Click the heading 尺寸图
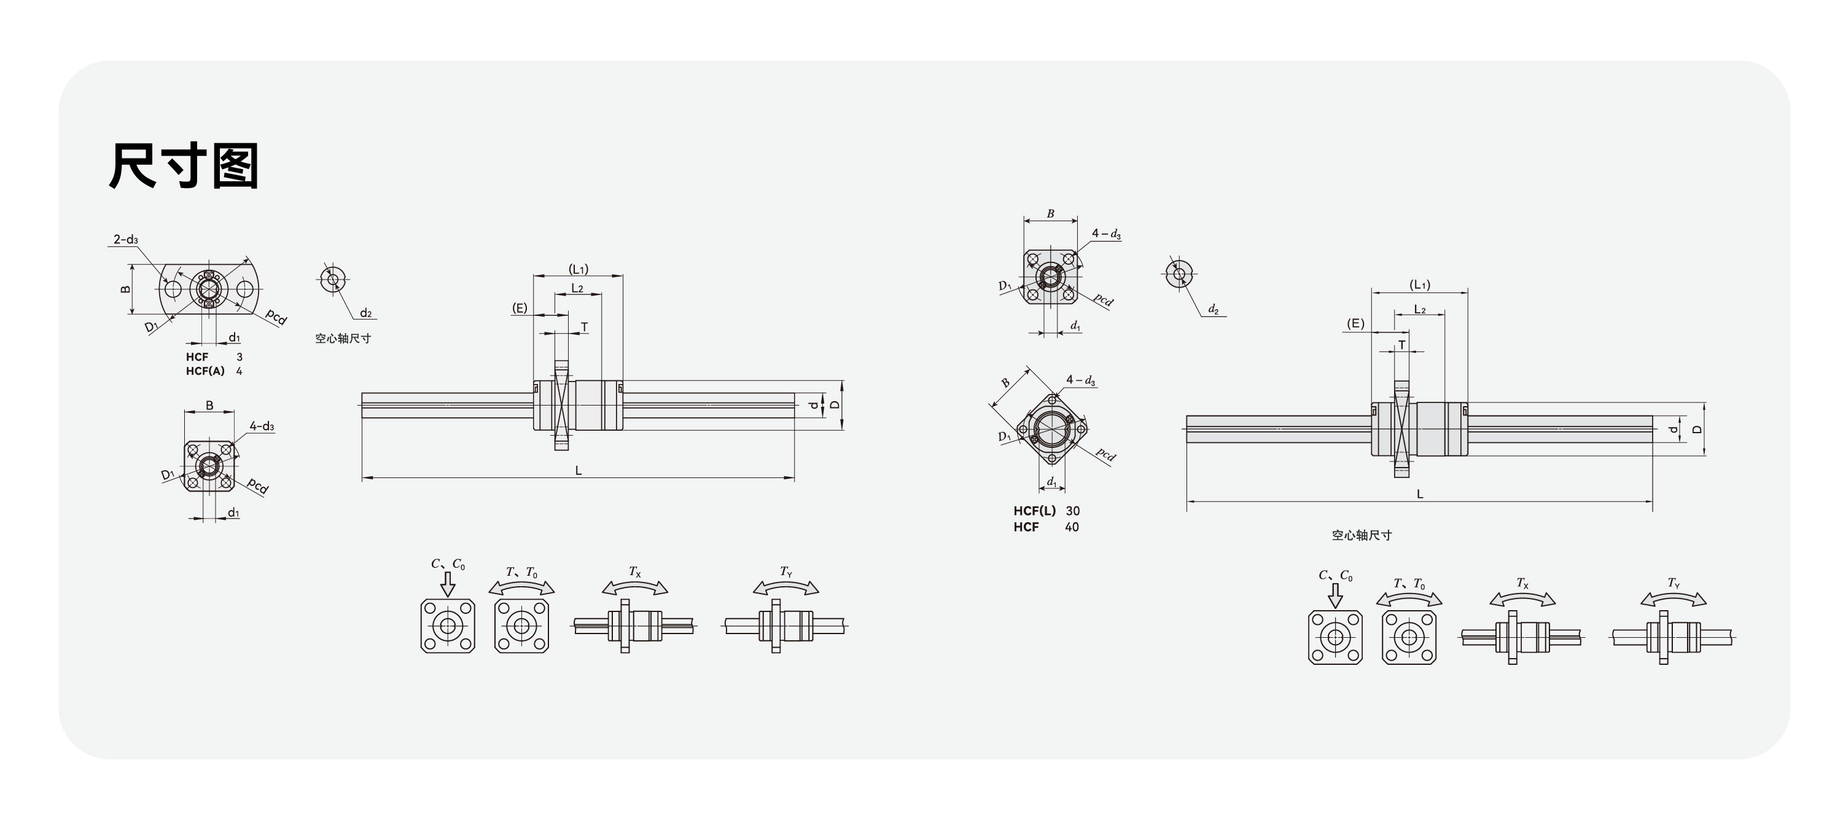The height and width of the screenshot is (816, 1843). (184, 165)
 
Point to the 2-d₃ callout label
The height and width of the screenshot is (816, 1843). (125, 239)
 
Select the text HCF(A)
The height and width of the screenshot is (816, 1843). (205, 371)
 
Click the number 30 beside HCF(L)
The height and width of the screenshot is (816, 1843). (1072, 511)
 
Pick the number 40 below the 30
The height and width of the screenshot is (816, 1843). (1072, 527)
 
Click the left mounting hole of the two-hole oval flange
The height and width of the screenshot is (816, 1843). (173, 289)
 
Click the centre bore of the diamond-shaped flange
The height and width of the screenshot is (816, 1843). (1051, 429)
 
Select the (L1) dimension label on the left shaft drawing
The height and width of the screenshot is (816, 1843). (579, 269)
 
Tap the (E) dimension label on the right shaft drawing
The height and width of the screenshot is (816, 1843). (1355, 324)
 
